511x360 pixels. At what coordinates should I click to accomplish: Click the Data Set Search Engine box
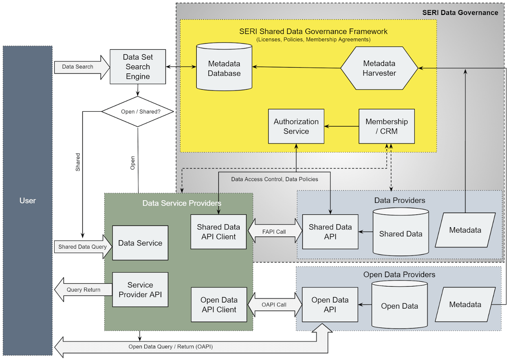coord(138,67)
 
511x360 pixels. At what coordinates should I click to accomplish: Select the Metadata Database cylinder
coord(224,68)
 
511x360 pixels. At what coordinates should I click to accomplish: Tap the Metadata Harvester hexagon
coord(379,68)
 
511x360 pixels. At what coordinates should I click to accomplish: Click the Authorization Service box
coord(296,126)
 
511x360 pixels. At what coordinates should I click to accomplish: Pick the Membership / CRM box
coord(386,126)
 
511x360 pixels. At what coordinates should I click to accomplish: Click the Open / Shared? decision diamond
coord(138,112)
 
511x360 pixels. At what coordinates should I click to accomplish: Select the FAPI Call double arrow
coord(274,232)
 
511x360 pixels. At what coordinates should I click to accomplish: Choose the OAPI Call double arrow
coord(274,305)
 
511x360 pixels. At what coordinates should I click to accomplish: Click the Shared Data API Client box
coord(218,232)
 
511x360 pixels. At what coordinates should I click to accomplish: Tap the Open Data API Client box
coord(218,305)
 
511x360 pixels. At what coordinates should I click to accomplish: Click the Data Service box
coord(140,243)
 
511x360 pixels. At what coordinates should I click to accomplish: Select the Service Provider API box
coord(140,289)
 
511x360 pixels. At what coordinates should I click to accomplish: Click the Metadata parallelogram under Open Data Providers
coord(465,305)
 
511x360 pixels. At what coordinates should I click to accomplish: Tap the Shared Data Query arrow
coord(83,247)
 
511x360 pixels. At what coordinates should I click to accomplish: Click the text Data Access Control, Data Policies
coord(275,179)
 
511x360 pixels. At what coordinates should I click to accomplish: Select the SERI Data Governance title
coord(460,13)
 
